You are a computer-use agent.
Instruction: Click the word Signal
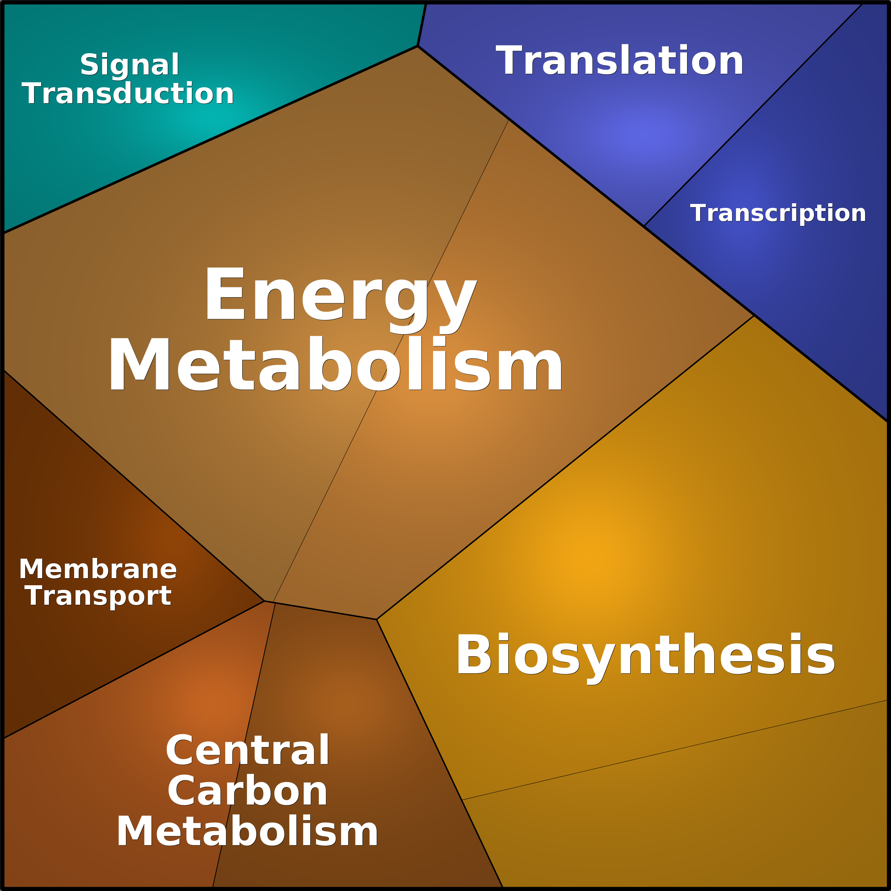(129, 65)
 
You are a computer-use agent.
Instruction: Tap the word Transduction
(128, 94)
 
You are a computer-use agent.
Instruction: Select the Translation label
(619, 60)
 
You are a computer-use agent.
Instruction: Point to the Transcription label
(778, 214)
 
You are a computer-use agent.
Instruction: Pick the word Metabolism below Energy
(335, 364)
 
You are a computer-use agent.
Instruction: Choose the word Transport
(98, 597)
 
